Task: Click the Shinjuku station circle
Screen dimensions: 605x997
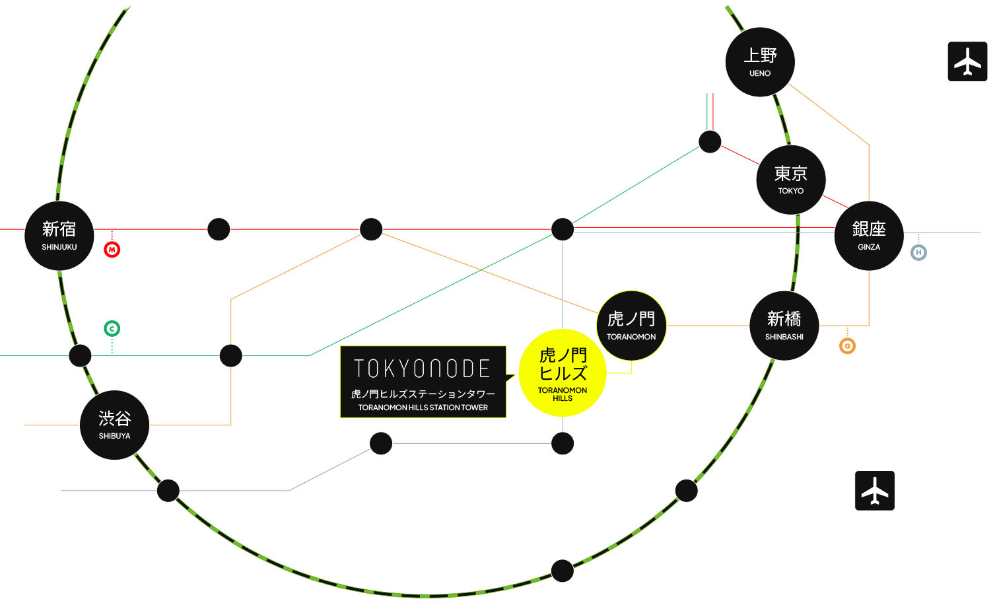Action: pos(59,236)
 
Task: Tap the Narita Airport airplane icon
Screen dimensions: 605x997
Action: pos(967,61)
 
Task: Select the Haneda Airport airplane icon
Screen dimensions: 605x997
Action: pos(875,491)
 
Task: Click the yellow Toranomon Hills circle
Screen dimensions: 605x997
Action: pos(563,373)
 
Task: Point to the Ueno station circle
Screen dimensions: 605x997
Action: pos(760,62)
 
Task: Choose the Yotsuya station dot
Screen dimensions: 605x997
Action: pos(219,229)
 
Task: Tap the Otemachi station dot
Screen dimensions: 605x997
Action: pos(710,141)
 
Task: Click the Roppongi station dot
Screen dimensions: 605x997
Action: pos(381,443)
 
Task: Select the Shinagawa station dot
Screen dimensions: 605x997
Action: pos(563,571)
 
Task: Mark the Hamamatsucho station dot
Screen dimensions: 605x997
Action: pos(687,491)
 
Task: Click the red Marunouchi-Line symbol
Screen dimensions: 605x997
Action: pos(112,250)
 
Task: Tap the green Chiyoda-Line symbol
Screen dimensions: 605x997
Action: pos(112,328)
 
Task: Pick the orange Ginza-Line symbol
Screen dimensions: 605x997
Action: pos(847,345)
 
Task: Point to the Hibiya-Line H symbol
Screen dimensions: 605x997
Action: pos(918,252)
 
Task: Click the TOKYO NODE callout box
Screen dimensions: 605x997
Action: pos(423,382)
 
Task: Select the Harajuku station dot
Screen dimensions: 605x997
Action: pos(81,355)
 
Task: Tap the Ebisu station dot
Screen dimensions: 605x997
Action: pos(168,491)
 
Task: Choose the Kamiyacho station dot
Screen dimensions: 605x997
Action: pos(563,443)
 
